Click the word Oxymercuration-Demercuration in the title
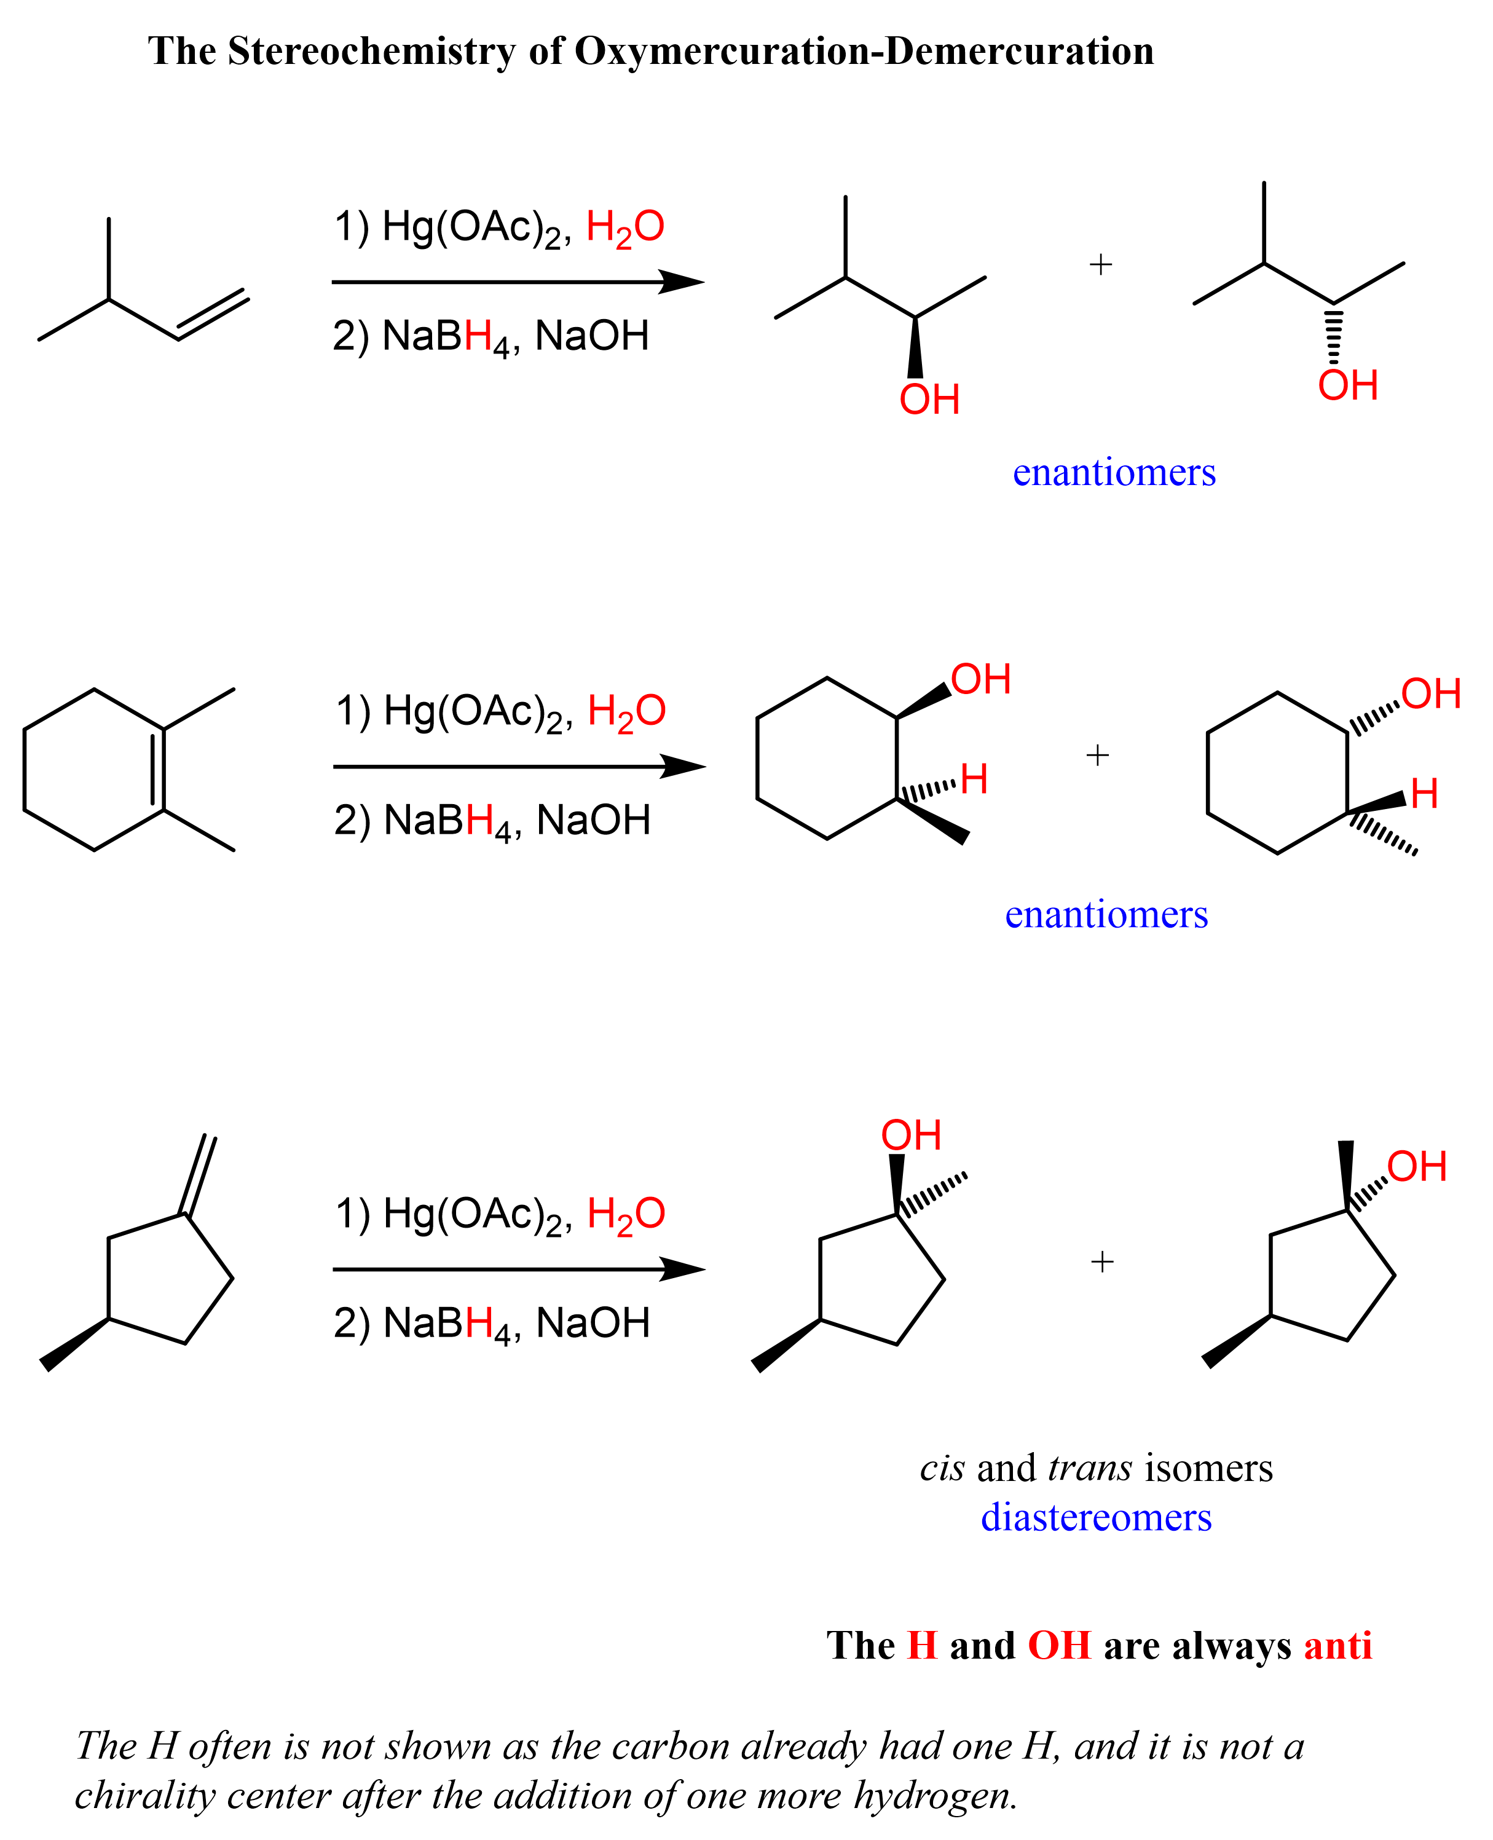pyautogui.click(x=864, y=52)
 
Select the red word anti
pyautogui.click(x=1337, y=1646)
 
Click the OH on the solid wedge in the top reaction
pyautogui.click(x=929, y=401)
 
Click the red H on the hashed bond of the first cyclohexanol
pyautogui.click(x=974, y=780)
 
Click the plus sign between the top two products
pyautogui.click(x=1100, y=264)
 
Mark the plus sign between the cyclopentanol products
pyautogui.click(x=1101, y=1262)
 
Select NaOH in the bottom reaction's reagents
pyautogui.click(x=593, y=1323)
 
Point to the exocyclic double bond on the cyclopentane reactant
pyautogui.click(x=198, y=1175)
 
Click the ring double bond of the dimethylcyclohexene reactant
pyautogui.click(x=157, y=770)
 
